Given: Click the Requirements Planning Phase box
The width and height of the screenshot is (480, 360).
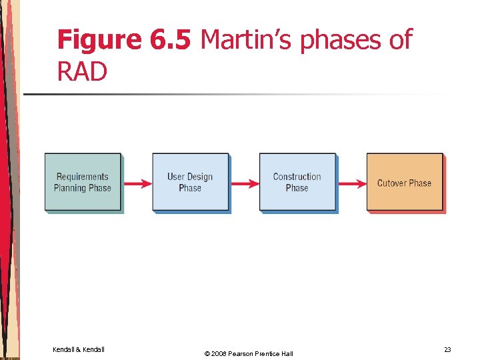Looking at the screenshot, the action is [x=83, y=182].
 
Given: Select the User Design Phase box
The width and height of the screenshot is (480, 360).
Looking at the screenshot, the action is [x=190, y=182].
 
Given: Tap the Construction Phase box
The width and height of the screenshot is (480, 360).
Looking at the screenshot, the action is [x=297, y=182].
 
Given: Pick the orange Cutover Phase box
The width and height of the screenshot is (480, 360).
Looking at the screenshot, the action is [x=404, y=182].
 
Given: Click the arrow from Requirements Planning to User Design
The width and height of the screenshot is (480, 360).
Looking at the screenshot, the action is [x=137, y=183].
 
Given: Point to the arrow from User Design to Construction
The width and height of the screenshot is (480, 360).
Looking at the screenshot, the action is [x=244, y=183].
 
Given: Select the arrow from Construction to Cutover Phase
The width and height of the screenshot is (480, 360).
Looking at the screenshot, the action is [x=351, y=183].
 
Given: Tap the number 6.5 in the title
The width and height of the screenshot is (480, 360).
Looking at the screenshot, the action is [x=171, y=41].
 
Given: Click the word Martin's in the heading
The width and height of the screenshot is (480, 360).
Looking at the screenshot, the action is [x=247, y=41].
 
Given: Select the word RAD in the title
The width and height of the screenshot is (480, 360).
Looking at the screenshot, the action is [x=82, y=72].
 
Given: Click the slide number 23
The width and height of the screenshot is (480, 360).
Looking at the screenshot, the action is [x=447, y=349].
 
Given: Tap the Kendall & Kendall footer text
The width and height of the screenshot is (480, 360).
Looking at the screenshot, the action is [x=79, y=349].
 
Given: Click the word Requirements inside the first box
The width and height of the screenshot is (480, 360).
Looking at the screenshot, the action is [x=82, y=177].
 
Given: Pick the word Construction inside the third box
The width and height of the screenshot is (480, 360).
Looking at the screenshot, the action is [x=297, y=177].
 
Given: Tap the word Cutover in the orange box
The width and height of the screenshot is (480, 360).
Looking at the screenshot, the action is [x=391, y=183].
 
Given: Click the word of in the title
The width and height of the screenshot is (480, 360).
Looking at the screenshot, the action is [x=400, y=41].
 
